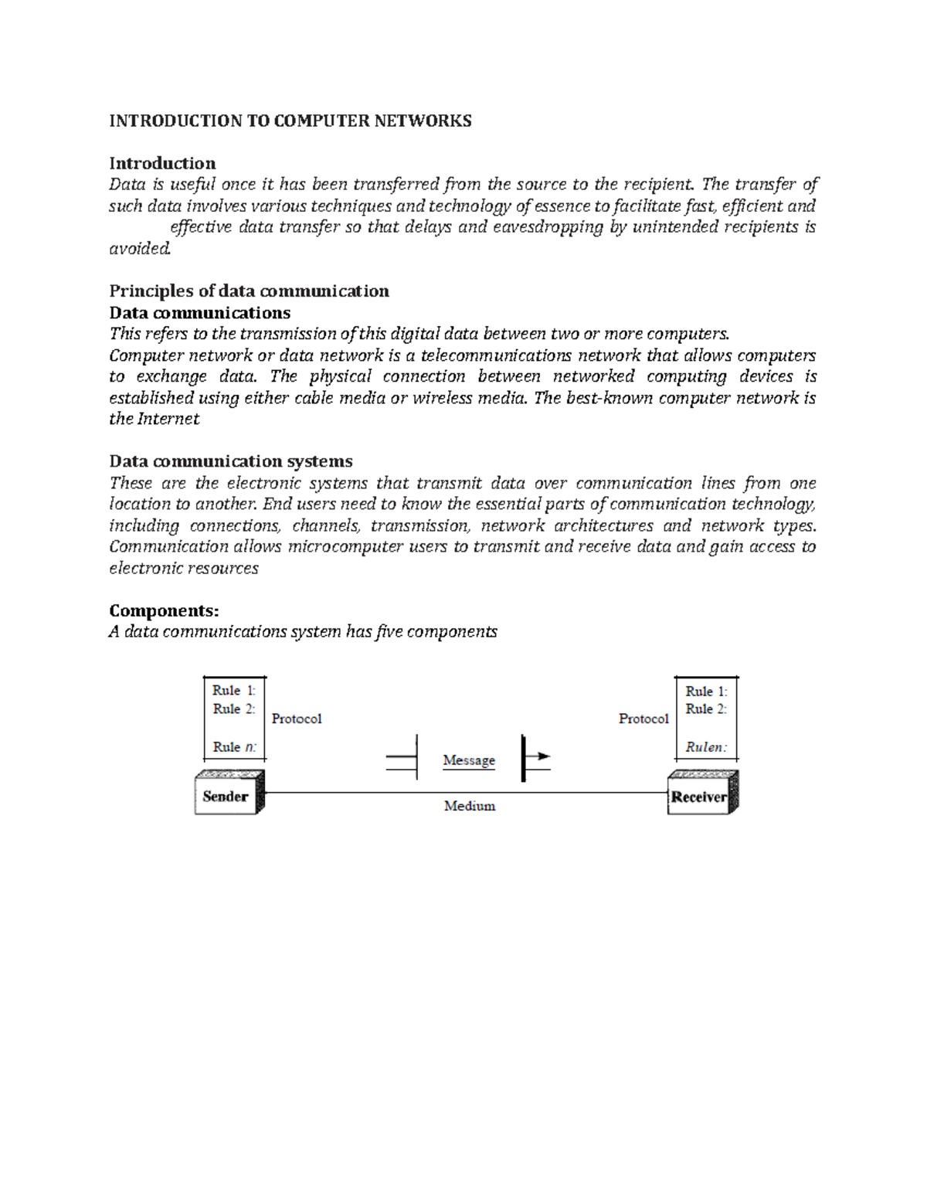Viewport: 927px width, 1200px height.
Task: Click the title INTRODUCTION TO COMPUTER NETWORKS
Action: pos(290,121)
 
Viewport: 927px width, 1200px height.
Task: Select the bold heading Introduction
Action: pos(162,163)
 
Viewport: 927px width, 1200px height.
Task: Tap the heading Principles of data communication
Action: pos(249,291)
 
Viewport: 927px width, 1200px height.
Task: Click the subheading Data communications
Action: pos(199,312)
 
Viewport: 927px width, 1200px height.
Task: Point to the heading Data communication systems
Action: pos(230,461)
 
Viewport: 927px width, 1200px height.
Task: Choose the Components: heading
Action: pos(164,610)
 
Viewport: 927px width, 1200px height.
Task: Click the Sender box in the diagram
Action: pos(226,797)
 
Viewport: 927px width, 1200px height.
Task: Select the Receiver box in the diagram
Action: pos(698,797)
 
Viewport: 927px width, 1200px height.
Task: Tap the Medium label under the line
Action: pos(469,806)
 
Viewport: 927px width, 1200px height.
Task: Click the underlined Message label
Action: pos(469,760)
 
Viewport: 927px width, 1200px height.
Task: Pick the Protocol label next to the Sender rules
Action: pos(297,719)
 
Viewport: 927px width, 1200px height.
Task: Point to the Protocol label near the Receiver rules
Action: pos(643,719)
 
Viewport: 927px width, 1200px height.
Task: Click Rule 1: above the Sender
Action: pos(233,691)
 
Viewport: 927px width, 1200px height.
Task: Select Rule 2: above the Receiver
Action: pos(706,709)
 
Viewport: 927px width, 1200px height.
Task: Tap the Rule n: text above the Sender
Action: pos(234,747)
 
